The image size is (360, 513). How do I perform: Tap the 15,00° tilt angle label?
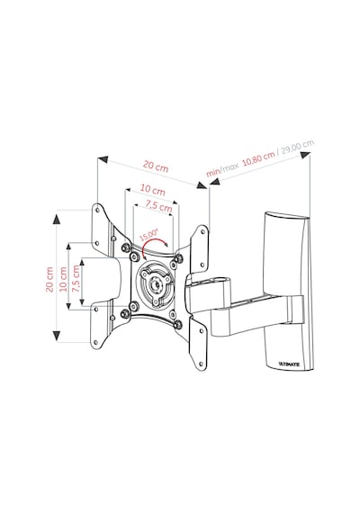148,235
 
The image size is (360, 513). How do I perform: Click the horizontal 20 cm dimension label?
156,166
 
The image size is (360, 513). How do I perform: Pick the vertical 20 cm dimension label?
49,279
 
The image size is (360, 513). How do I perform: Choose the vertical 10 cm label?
63,279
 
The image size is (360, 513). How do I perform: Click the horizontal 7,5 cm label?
158,206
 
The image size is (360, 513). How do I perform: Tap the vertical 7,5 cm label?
76,279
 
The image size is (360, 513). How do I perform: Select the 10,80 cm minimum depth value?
258,159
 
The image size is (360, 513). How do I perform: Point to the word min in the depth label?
212,172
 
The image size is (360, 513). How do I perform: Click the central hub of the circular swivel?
155,284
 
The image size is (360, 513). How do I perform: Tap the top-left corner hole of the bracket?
97,210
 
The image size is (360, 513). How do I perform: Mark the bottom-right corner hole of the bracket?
202,363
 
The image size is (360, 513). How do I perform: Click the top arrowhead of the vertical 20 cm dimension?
57,219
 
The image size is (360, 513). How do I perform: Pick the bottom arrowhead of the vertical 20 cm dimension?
57,336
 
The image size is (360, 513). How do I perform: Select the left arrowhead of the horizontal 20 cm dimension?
103,159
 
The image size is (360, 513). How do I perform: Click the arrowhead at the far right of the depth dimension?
305,155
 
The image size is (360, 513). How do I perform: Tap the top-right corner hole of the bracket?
202,231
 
